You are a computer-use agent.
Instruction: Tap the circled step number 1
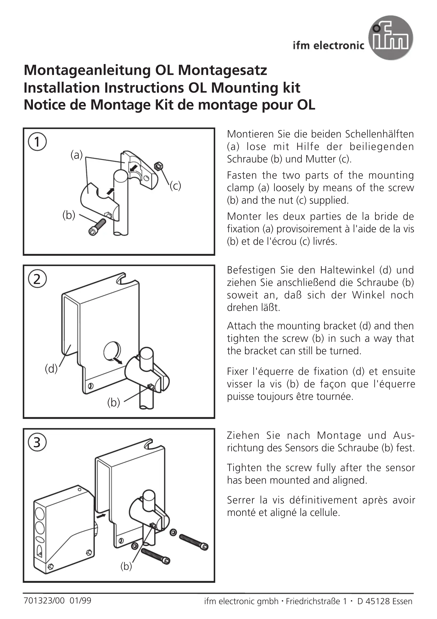(37, 142)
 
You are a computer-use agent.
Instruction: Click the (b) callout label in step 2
(113, 403)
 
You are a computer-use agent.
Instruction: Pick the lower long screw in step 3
(156, 556)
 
